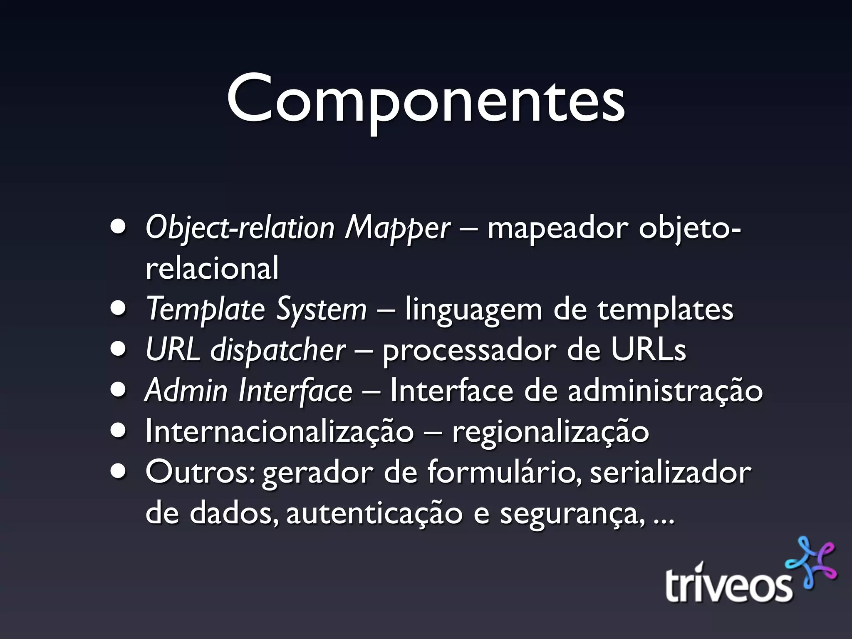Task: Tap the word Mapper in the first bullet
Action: [397, 228]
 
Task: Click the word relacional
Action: [212, 268]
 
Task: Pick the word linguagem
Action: [473, 310]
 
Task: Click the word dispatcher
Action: [277, 350]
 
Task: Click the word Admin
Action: [186, 391]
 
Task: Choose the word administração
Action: [665, 391]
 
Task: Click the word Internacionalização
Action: [280, 431]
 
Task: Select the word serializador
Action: [671, 472]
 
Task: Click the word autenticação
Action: [374, 513]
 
